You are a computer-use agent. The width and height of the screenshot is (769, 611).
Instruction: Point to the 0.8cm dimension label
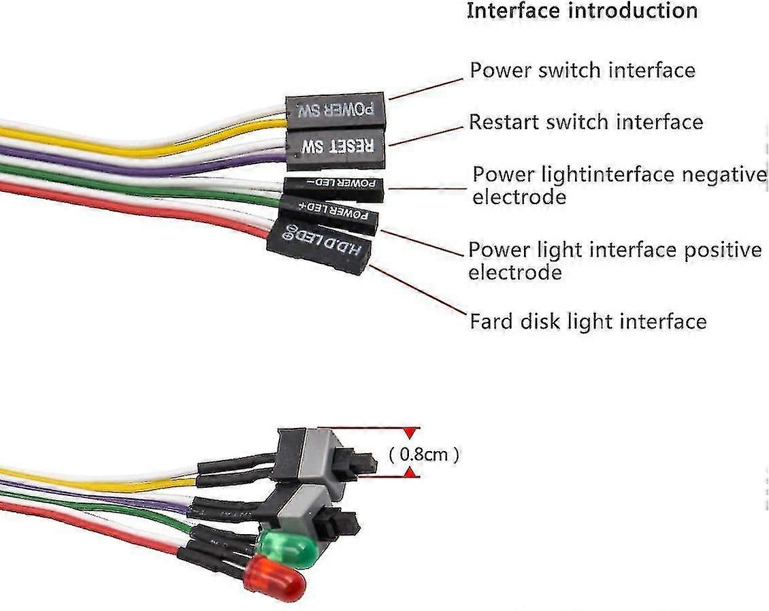(423, 454)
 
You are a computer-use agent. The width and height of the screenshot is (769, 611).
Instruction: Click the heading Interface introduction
(582, 12)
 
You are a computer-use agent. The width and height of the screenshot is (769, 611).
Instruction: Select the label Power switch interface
(583, 70)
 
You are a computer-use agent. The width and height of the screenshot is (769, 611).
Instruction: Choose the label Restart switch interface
(585, 122)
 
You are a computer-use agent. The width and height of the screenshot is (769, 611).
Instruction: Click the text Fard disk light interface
(587, 320)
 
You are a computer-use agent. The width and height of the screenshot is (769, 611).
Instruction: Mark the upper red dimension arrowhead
(409, 433)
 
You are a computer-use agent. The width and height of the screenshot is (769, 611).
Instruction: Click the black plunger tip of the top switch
(367, 465)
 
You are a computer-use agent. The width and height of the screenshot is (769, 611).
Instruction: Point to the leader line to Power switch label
(425, 88)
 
